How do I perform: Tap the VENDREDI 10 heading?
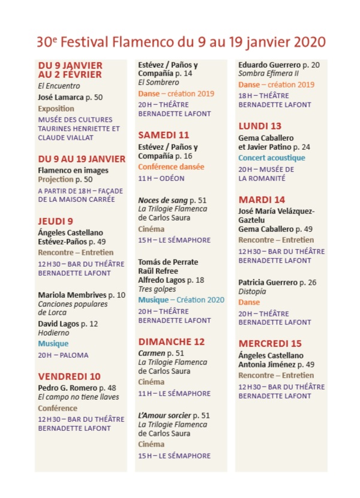[x=69, y=376]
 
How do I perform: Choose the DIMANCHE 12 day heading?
[x=171, y=342]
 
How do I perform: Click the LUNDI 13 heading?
[x=259, y=126]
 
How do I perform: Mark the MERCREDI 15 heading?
[x=270, y=343]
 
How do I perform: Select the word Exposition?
[x=56, y=108]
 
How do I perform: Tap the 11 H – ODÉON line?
[x=161, y=178]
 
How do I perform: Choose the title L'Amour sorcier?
[x=164, y=415]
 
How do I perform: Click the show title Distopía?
[x=252, y=291]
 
